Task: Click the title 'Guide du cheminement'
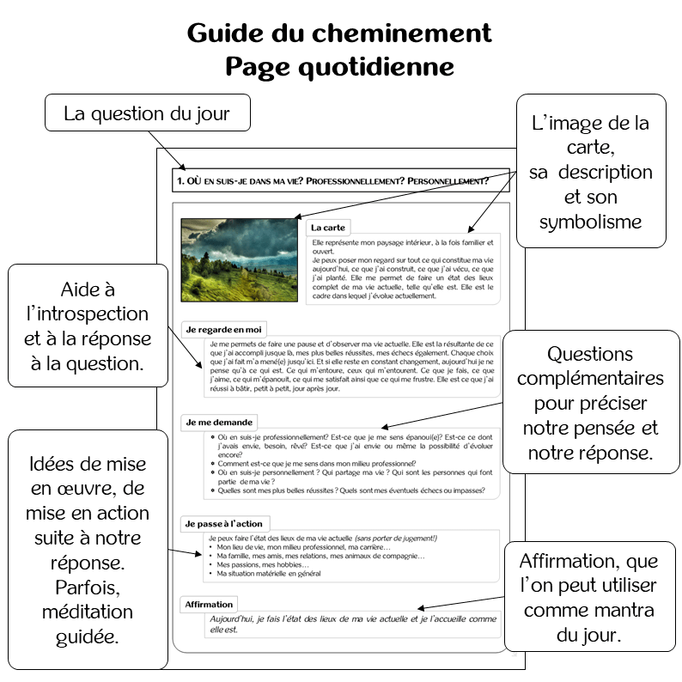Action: pos(339,33)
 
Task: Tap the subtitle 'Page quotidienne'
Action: pos(339,66)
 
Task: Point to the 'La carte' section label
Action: pos(328,228)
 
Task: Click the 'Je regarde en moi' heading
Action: pos(223,329)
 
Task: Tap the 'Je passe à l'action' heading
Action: pos(223,523)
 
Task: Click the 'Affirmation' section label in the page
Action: pos(209,605)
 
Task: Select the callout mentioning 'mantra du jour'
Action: pos(588,598)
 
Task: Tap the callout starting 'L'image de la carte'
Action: pos(589,172)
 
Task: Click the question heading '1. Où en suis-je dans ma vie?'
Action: pos(332,181)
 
